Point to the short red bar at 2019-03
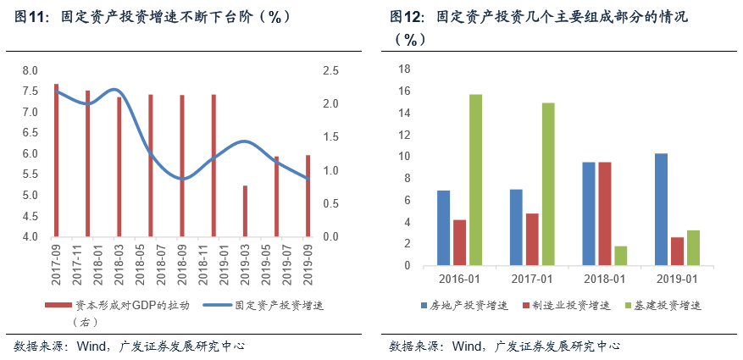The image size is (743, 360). click(x=245, y=211)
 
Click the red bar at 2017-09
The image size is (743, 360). click(x=57, y=160)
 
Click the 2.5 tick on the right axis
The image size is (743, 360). click(x=331, y=70)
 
